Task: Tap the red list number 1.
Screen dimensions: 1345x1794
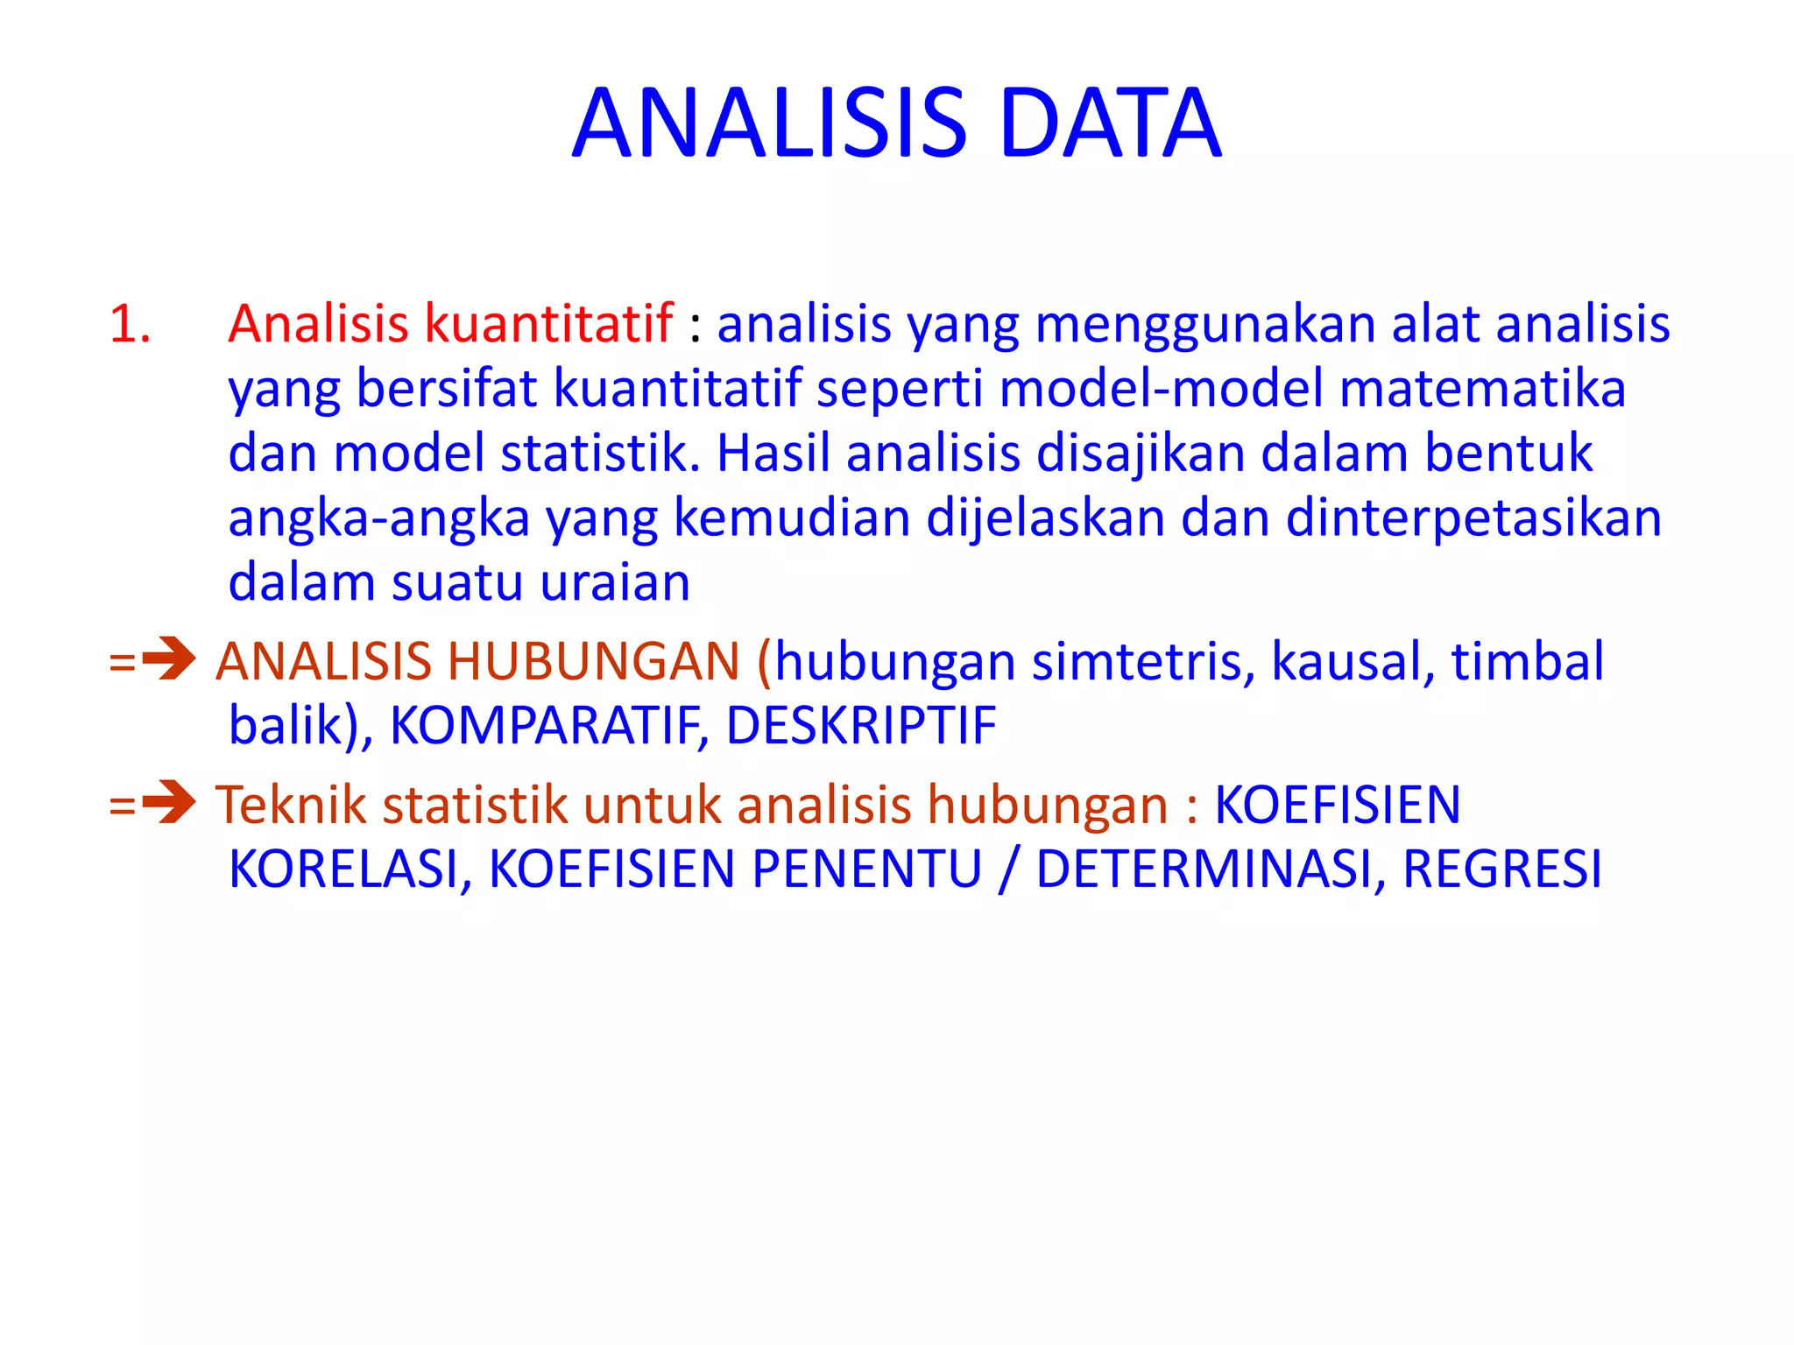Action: click(x=130, y=323)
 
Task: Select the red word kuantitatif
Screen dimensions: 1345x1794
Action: click(x=548, y=323)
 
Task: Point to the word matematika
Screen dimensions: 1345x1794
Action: click(x=1482, y=388)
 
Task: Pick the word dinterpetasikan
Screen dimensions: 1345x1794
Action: click(x=1473, y=518)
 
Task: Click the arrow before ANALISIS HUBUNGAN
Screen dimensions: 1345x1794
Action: click(x=168, y=659)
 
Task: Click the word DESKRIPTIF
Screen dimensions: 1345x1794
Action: click(x=861, y=726)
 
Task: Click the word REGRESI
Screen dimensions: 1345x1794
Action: click(x=1501, y=870)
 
